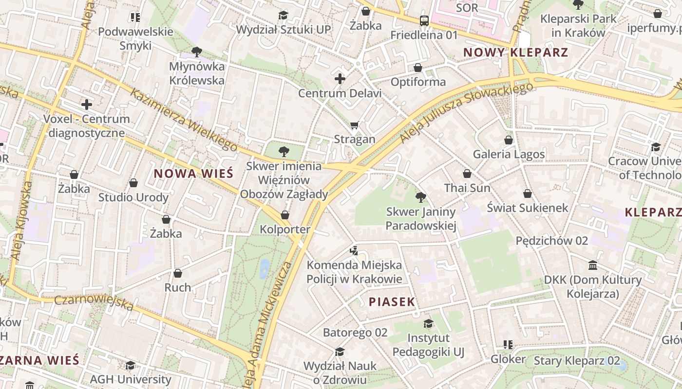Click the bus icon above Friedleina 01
pyautogui.click(x=424, y=20)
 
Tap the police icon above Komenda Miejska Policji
pyautogui.click(x=354, y=251)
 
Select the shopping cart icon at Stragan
pyautogui.click(x=355, y=125)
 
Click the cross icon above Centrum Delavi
pyautogui.click(x=340, y=79)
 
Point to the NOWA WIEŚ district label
pyautogui.click(x=193, y=174)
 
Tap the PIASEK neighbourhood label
pyautogui.click(x=392, y=302)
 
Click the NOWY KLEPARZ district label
pyautogui.click(x=515, y=53)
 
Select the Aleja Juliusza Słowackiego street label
pyautogui.click(x=466, y=112)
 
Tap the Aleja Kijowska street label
pyautogui.click(x=22, y=220)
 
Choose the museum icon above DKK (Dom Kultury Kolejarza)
pyautogui.click(x=593, y=265)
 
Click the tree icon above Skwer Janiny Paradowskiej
pyautogui.click(x=420, y=197)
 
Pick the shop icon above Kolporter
pyautogui.click(x=285, y=214)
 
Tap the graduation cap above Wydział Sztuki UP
pyautogui.click(x=283, y=15)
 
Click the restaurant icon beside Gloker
pyautogui.click(x=508, y=345)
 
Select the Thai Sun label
pyautogui.click(x=467, y=188)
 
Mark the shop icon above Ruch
pyautogui.click(x=178, y=273)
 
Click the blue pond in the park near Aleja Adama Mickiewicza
pyautogui.click(x=265, y=268)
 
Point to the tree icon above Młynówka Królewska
pyautogui.click(x=196, y=52)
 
